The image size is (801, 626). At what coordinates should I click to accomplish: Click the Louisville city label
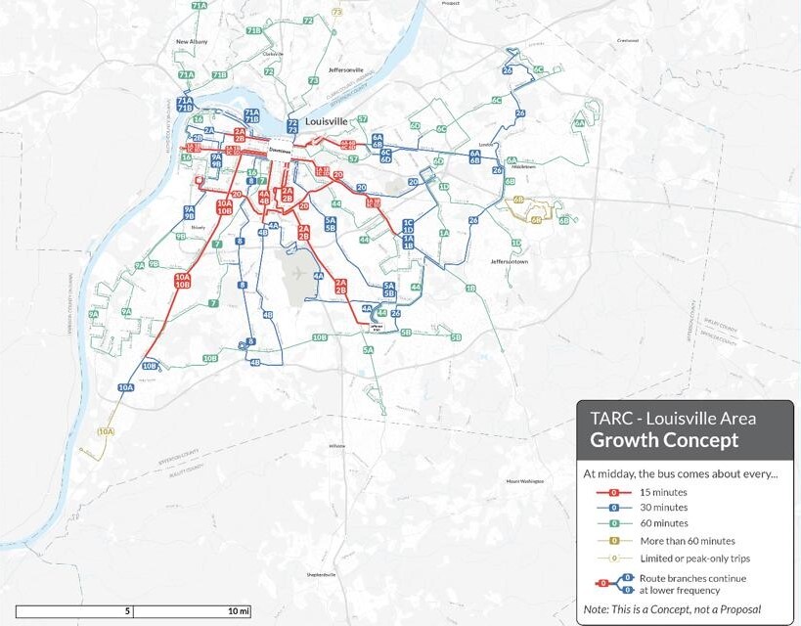click(327, 120)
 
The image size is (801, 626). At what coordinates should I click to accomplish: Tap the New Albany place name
click(194, 42)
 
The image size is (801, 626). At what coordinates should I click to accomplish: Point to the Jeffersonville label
click(346, 70)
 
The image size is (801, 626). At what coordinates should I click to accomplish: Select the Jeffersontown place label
click(510, 262)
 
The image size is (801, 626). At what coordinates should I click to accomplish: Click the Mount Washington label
click(525, 482)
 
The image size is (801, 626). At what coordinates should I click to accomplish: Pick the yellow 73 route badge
click(337, 12)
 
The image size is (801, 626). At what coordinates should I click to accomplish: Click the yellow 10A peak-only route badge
click(106, 431)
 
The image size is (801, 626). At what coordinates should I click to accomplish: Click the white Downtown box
click(280, 153)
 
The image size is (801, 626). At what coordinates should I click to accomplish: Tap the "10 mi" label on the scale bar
click(239, 611)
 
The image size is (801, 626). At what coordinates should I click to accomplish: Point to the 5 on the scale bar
click(127, 611)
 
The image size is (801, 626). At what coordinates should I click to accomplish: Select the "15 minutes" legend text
click(664, 491)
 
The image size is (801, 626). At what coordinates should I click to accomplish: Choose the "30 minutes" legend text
click(664, 508)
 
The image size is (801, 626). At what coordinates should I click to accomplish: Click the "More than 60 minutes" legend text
click(688, 540)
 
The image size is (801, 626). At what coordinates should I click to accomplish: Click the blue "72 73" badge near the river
click(293, 126)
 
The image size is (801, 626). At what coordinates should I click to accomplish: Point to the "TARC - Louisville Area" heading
click(673, 418)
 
